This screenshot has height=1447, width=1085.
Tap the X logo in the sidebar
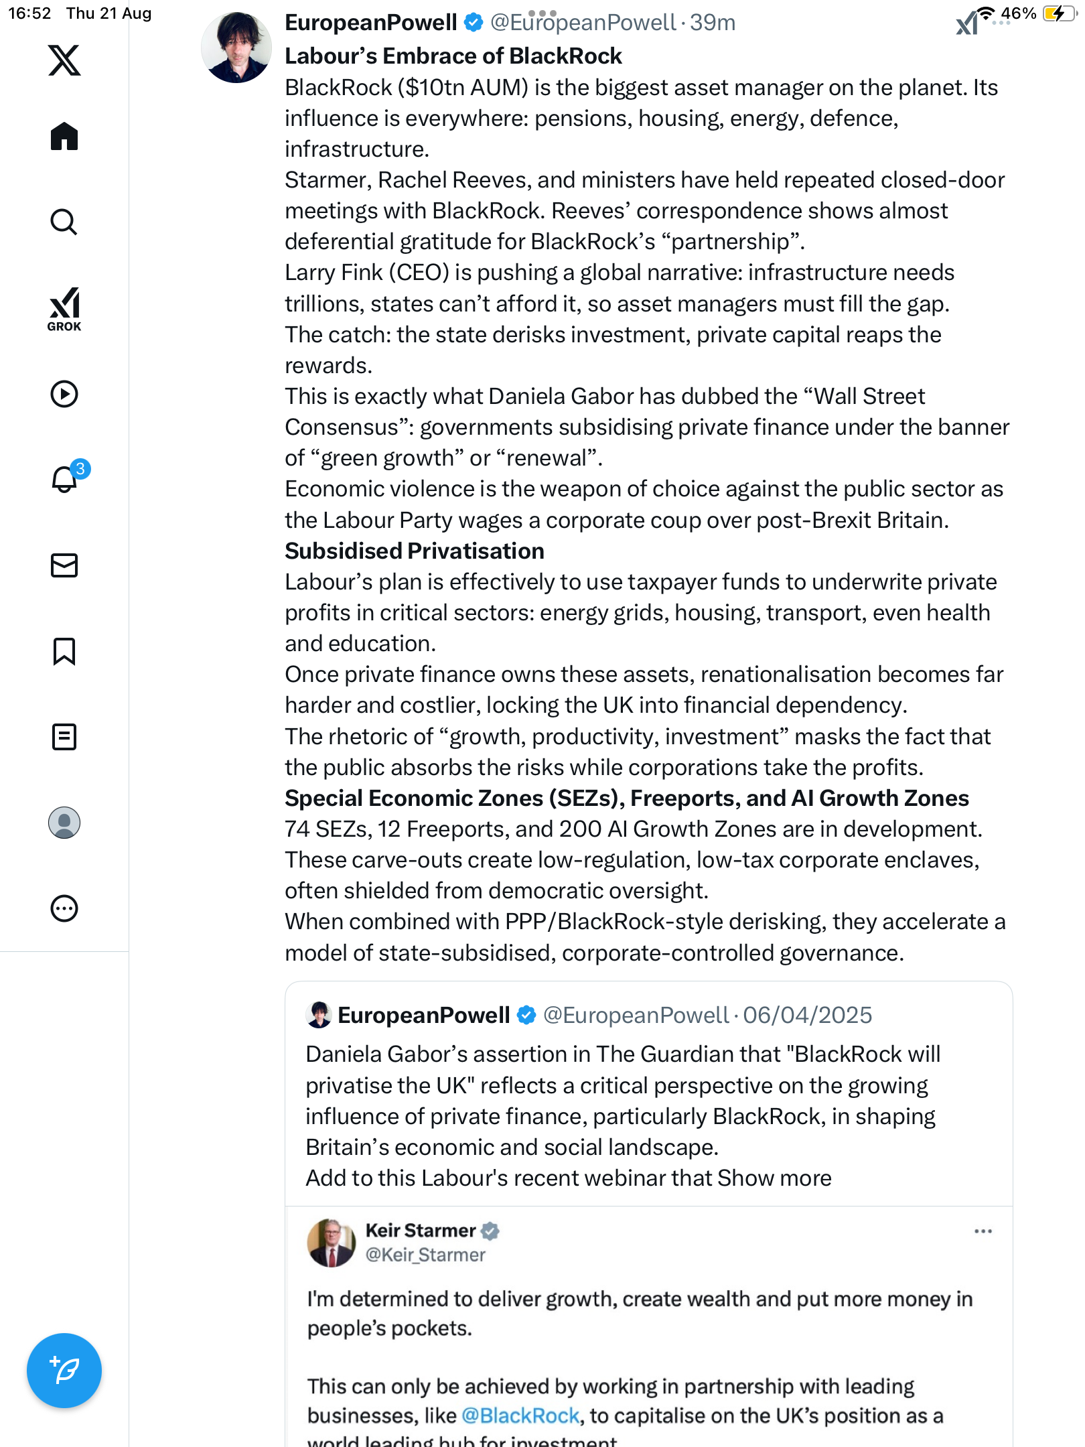[x=64, y=60]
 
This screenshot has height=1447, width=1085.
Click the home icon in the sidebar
[x=64, y=137]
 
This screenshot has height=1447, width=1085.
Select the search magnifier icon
[x=64, y=222]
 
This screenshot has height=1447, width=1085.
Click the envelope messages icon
[x=64, y=565]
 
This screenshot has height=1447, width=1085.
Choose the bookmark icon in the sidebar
[x=64, y=651]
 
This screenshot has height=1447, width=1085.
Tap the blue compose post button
[x=64, y=1370]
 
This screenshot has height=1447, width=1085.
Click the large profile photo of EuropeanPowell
[x=236, y=48]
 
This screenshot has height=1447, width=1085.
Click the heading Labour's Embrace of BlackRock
[x=453, y=56]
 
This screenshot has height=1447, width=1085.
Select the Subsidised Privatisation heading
[x=415, y=551]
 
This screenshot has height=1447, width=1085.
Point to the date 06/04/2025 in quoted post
[x=807, y=1015]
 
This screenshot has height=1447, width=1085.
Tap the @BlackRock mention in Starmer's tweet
[x=520, y=1416]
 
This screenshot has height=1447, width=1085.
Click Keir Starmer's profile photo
[x=332, y=1243]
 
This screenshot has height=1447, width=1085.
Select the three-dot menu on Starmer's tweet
[x=983, y=1231]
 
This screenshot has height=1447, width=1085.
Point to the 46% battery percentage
[x=1018, y=13]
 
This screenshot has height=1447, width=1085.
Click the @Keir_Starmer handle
[x=425, y=1255]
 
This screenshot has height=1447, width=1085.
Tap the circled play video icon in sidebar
[x=64, y=394]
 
